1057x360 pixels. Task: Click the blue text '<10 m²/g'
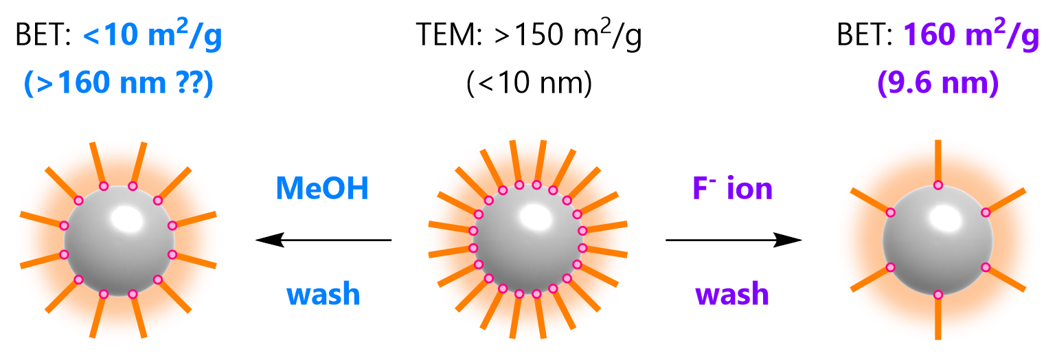tap(152, 36)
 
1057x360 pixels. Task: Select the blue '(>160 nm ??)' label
tap(119, 83)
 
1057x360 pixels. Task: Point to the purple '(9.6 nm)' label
tap(938, 83)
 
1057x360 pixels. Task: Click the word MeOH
tap(322, 188)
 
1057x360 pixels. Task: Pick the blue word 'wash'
tap(323, 294)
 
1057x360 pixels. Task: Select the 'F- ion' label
tap(733, 188)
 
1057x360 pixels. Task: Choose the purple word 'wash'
tap(732, 294)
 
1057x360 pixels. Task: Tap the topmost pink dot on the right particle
tap(938, 185)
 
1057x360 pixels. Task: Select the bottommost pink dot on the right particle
tap(938, 295)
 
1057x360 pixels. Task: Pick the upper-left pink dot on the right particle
tap(891, 212)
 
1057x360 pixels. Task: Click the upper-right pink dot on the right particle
tap(986, 212)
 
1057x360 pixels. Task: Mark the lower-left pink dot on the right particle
tap(891, 267)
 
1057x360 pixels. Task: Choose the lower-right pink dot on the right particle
tap(986, 267)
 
